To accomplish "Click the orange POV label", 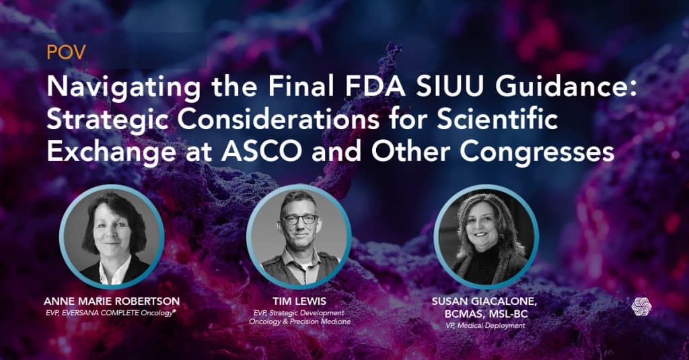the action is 66,52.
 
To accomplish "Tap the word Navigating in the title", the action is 124,87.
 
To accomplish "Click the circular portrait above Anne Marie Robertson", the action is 112,237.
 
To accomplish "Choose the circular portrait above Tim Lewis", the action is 299,237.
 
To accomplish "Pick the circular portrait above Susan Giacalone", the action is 486,237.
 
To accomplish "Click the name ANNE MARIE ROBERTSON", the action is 112,301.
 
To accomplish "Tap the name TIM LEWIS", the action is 299,301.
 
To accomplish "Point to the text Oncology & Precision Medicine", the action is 299,322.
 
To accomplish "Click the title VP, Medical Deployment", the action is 485,326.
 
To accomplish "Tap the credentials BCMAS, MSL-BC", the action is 486,314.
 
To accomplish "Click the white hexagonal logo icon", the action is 641,306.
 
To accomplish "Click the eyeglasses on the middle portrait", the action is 299,219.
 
